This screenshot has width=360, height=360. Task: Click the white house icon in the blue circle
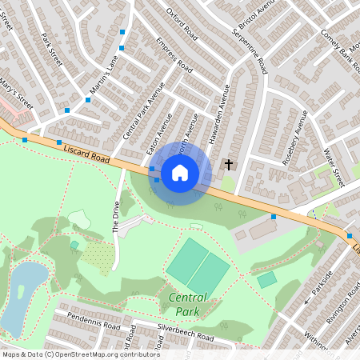pyautogui.click(x=180, y=173)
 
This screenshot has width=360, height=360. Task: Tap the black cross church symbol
pyautogui.click(x=229, y=165)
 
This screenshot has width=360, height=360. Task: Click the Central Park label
pyautogui.click(x=188, y=303)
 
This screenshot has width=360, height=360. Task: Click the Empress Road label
pyautogui.click(x=174, y=54)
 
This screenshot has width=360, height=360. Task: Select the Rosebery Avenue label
pyautogui.click(x=296, y=136)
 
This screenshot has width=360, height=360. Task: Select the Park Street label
pyautogui.click(x=52, y=49)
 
